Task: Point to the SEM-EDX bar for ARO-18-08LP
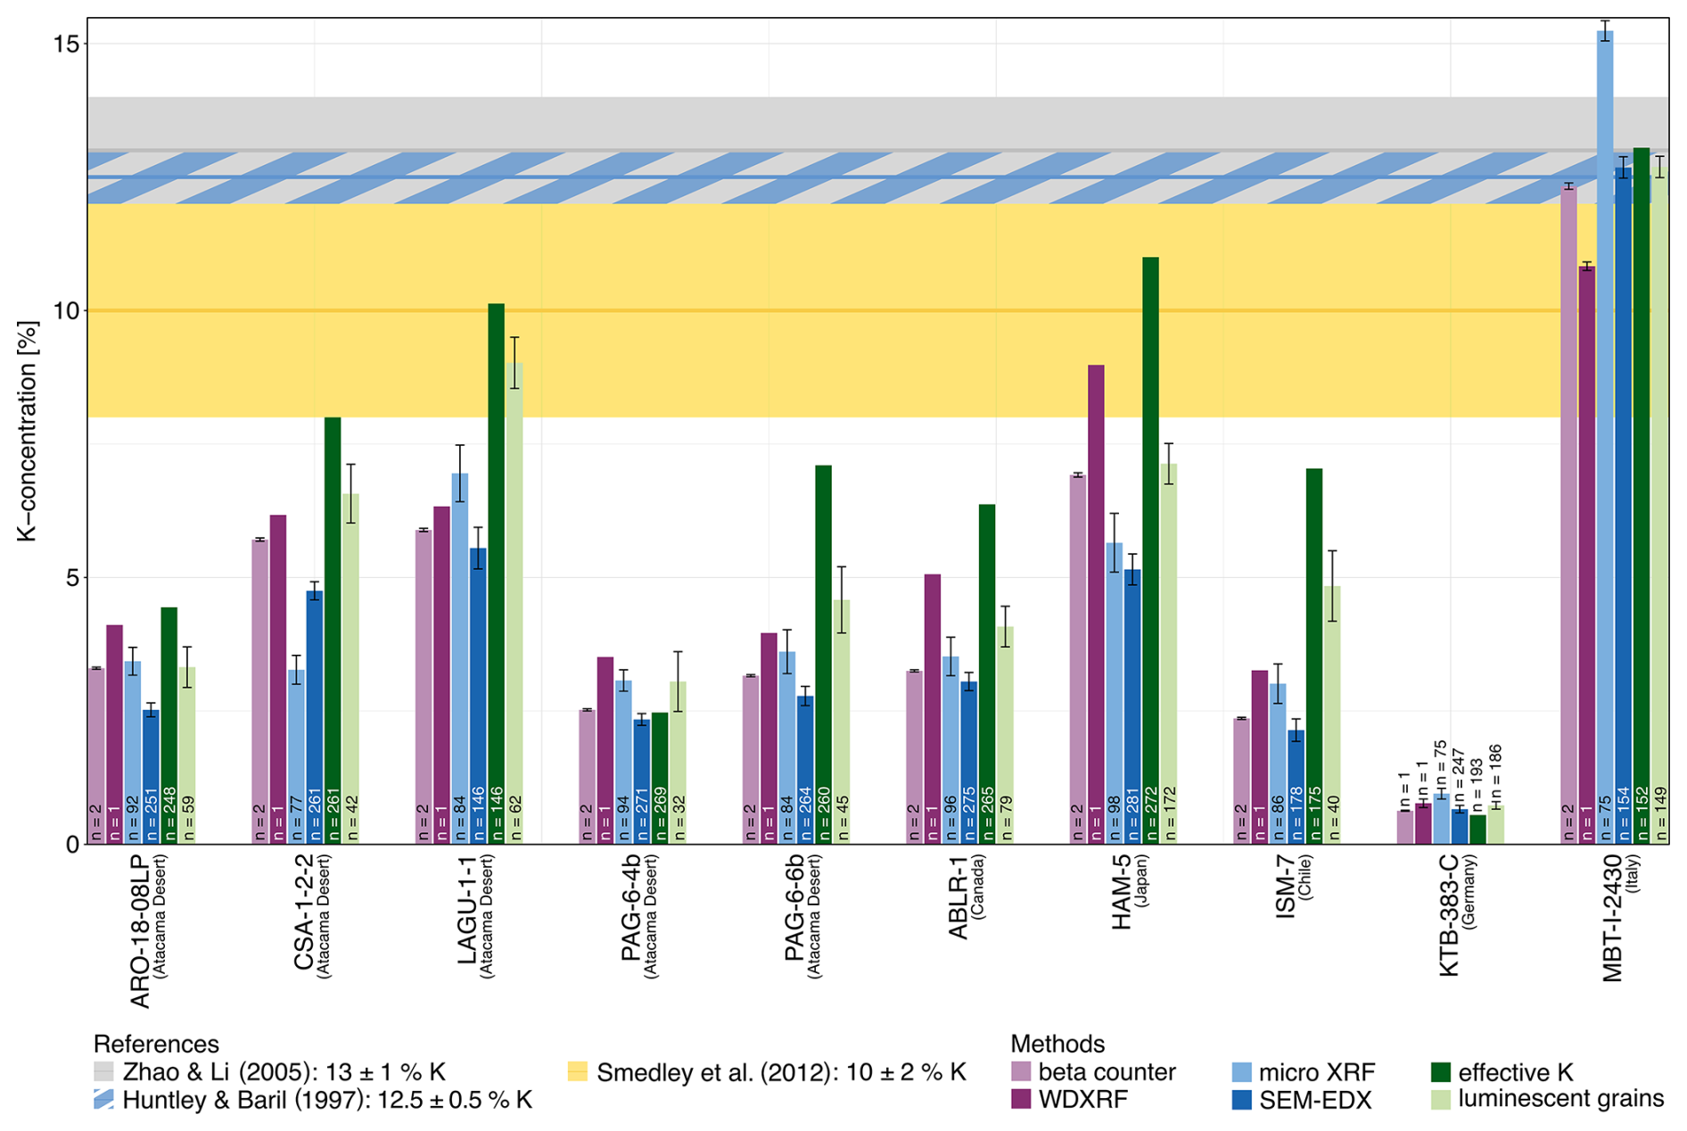click(x=151, y=776)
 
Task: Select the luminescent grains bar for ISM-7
click(x=1332, y=714)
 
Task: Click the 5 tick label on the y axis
click(x=71, y=577)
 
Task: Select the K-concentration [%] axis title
click(x=28, y=432)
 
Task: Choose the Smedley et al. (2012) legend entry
click(x=767, y=1071)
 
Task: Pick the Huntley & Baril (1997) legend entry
click(x=313, y=1100)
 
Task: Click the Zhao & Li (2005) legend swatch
click(x=104, y=1071)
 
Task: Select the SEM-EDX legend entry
click(x=1302, y=1100)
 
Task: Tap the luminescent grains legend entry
click(x=1547, y=1099)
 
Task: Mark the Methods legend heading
click(x=1057, y=1044)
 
